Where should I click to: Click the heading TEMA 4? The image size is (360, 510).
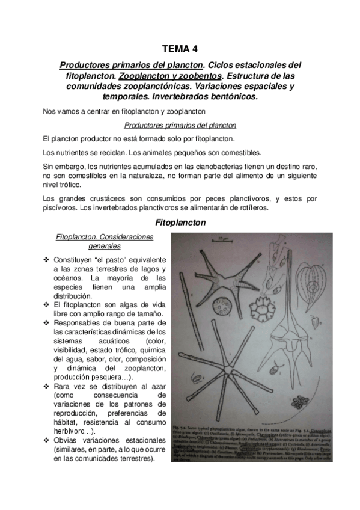180,49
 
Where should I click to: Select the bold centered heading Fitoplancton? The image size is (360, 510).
180,222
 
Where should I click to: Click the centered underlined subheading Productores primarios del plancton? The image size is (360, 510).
180,125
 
